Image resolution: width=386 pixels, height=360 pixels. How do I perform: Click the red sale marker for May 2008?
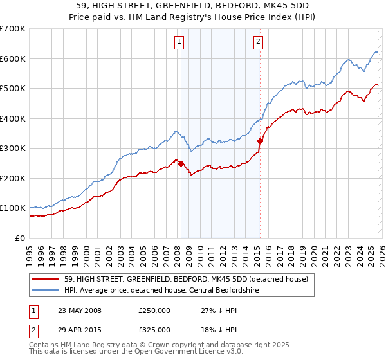(181, 163)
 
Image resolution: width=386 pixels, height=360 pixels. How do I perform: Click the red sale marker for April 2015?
(260, 141)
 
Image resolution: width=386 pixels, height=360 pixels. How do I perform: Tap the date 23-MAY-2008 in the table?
(80, 310)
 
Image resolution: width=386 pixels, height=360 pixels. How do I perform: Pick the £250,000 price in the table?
(154, 310)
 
